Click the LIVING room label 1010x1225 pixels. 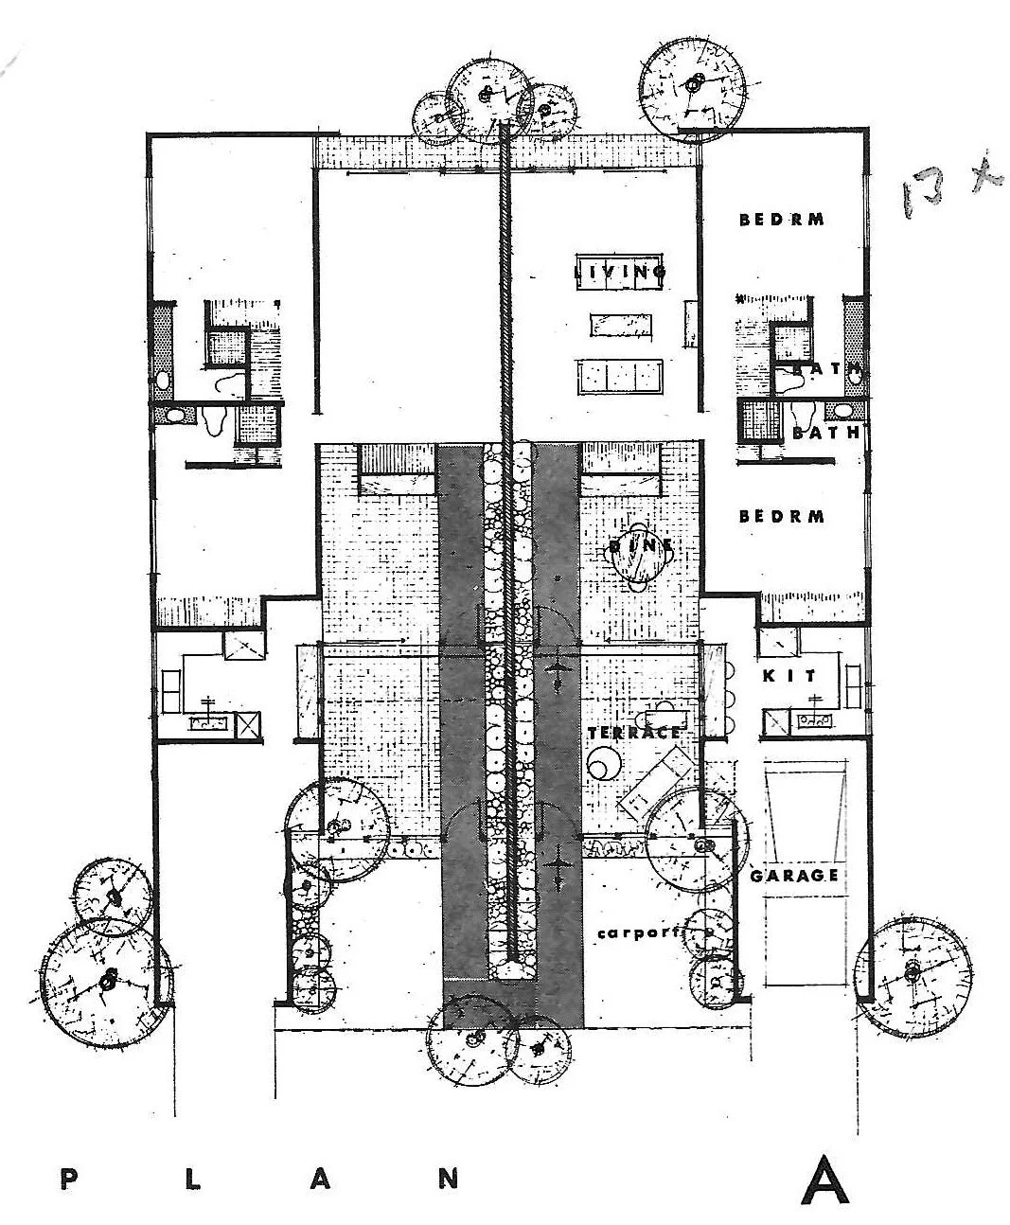point(621,273)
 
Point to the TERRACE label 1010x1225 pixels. point(633,733)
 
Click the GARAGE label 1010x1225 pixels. point(794,876)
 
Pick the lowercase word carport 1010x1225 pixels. point(639,932)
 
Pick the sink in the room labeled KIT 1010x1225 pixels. point(814,719)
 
